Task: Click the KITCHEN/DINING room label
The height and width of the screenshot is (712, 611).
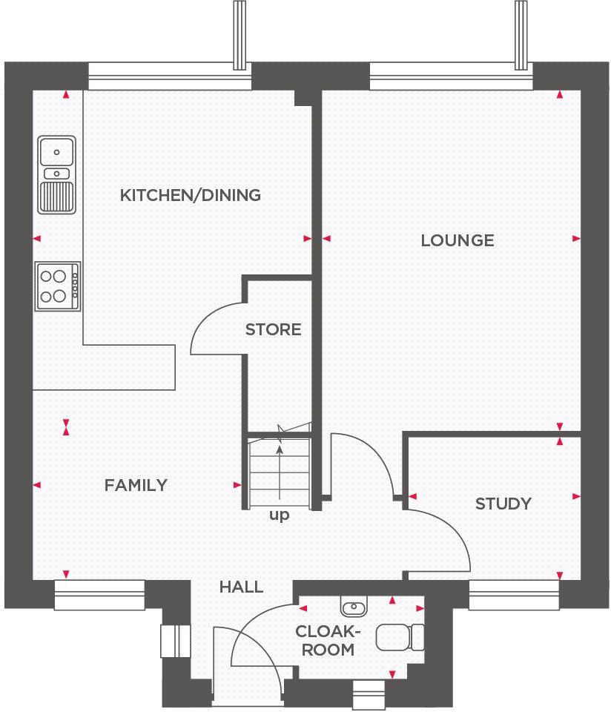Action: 191,196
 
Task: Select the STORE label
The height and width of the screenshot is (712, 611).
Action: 274,329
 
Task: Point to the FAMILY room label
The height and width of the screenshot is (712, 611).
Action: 136,485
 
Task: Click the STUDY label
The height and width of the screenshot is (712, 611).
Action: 503,504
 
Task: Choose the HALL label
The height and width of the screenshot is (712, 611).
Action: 241,587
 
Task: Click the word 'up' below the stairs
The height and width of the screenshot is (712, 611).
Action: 279,515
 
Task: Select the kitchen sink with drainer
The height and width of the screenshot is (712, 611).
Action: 57,174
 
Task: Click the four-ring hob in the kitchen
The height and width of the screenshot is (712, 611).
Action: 57,286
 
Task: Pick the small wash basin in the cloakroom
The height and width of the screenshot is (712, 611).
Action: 354,607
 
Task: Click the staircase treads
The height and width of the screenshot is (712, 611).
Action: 279,467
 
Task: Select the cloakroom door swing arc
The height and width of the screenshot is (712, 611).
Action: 256,630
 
